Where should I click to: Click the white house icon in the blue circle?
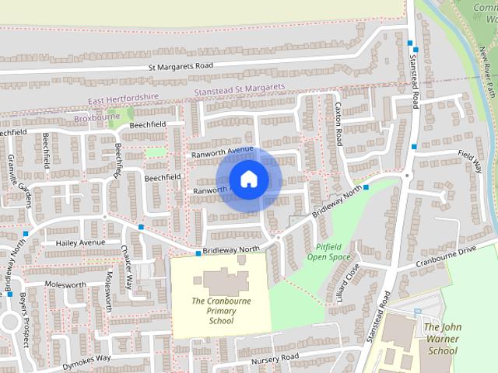pyautogui.click(x=248, y=180)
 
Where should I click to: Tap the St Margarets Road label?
pyautogui.click(x=181, y=67)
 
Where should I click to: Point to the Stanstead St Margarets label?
pyautogui.click(x=238, y=92)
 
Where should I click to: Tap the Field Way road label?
pyautogui.click(x=470, y=160)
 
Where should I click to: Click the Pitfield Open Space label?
pyautogui.click(x=329, y=251)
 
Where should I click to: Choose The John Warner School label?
pyautogui.click(x=442, y=339)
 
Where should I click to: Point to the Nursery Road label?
pyautogui.click(x=274, y=357)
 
